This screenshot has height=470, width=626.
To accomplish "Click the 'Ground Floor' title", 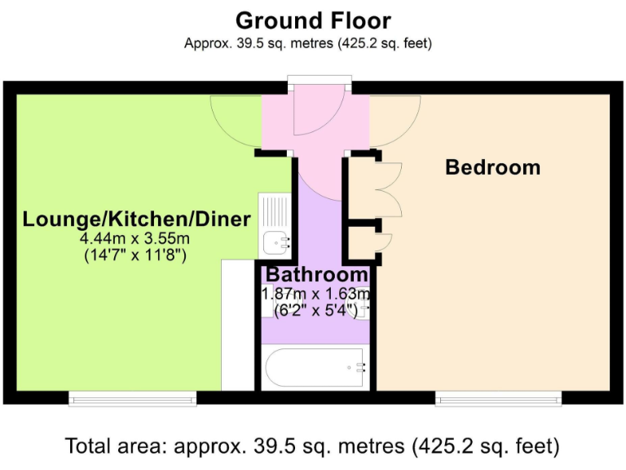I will pos(313,20).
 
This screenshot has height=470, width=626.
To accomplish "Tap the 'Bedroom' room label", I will pos(492,167).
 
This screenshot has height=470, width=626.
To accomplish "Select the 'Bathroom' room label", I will pos(316,275).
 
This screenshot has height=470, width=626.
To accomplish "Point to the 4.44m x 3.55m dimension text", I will pos(135,238).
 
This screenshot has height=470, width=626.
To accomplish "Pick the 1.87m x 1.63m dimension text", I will pos(316,294).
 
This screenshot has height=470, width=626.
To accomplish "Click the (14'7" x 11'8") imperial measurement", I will pos(135,255).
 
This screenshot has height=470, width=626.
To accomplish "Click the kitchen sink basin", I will pos(275,241).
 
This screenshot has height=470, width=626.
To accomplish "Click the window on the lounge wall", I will pos(133,398).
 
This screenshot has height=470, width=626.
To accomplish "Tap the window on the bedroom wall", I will pos(498,398).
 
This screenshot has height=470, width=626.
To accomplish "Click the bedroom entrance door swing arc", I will pos(395,122).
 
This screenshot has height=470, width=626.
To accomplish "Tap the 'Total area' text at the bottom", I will pos(313,446).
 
